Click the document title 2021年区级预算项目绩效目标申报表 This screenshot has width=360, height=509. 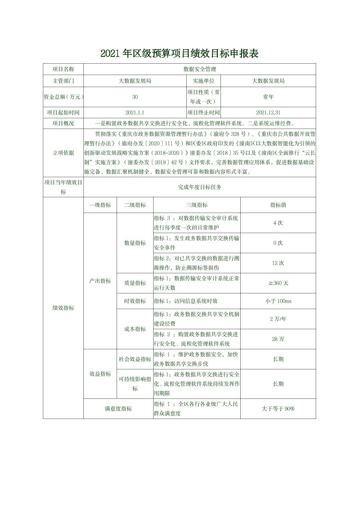(180, 54)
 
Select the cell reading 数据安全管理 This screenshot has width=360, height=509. (200, 69)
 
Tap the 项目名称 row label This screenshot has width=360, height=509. (63, 69)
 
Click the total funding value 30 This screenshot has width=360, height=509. (135, 97)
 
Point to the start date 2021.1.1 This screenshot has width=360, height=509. (135, 113)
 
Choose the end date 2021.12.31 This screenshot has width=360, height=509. (268, 113)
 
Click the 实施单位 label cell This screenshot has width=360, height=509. (203, 81)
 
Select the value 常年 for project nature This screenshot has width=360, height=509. (268, 97)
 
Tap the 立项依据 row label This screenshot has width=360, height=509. (63, 153)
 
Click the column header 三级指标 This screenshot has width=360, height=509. (197, 205)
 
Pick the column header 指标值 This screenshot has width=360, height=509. (278, 205)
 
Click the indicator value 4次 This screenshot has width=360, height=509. (278, 223)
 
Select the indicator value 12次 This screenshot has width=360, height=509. (278, 263)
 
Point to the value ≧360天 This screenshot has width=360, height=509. (278, 283)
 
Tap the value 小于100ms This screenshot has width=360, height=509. (278, 301)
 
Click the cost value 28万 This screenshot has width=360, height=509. (278, 339)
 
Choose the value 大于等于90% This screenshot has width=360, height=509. (278, 409)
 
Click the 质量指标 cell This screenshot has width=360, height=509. (135, 283)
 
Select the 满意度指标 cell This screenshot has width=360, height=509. (118, 409)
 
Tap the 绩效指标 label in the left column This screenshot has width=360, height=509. (63, 308)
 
